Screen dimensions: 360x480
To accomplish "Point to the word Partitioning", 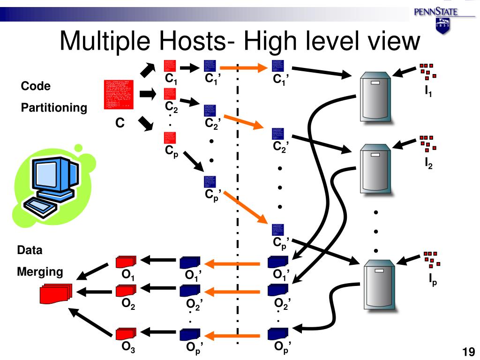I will tap(54, 108).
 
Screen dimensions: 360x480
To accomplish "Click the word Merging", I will tap(40, 272).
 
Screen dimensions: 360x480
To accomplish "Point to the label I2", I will tap(428, 164).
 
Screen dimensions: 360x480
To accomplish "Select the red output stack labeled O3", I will tap(126, 333).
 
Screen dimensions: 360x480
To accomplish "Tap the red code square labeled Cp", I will tap(170, 137).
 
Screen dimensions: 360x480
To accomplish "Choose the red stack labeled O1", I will tap(126, 261).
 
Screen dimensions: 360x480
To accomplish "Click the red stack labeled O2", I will tap(126, 291).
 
